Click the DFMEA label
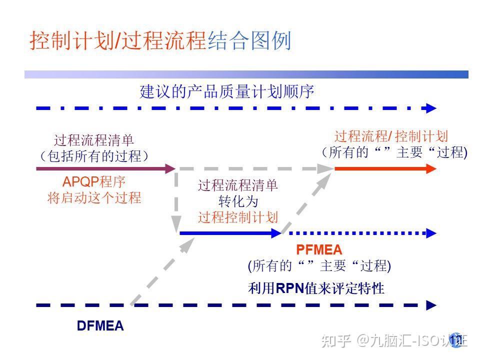[x=100, y=326]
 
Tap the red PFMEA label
[x=319, y=249]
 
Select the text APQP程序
[x=93, y=181]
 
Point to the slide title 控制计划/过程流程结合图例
[x=160, y=41]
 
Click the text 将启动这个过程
[x=94, y=197]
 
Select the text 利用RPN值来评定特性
[x=316, y=288]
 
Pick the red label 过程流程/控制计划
[x=391, y=136]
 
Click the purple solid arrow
[x=105, y=169]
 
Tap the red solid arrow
[x=385, y=169]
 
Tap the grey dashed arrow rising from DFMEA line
[x=162, y=270]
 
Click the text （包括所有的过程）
[x=94, y=156]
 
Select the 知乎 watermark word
[x=335, y=341]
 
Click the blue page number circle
[x=455, y=340]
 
